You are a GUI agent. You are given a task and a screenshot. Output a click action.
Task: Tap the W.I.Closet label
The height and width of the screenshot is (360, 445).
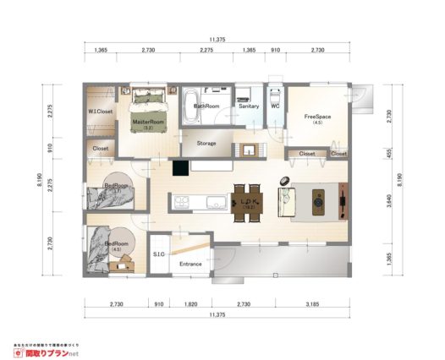[x=101, y=112]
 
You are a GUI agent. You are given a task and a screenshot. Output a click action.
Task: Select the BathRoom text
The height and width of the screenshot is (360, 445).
[x=207, y=106]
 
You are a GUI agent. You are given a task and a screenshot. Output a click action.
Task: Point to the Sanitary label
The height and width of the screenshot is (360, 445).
[x=249, y=106]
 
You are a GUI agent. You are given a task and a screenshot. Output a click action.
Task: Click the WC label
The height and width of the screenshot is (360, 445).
[x=275, y=106]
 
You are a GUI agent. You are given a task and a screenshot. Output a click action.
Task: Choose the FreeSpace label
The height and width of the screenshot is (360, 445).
[x=317, y=117]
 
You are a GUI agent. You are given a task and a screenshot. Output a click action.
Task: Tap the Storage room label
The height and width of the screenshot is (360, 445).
[x=206, y=144]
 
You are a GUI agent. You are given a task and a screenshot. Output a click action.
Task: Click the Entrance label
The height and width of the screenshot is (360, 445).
[x=190, y=265]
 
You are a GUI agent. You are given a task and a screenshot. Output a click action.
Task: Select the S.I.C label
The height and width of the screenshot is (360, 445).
[x=158, y=254]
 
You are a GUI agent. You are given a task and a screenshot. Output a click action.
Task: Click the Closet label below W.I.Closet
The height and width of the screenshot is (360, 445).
[x=100, y=150]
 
